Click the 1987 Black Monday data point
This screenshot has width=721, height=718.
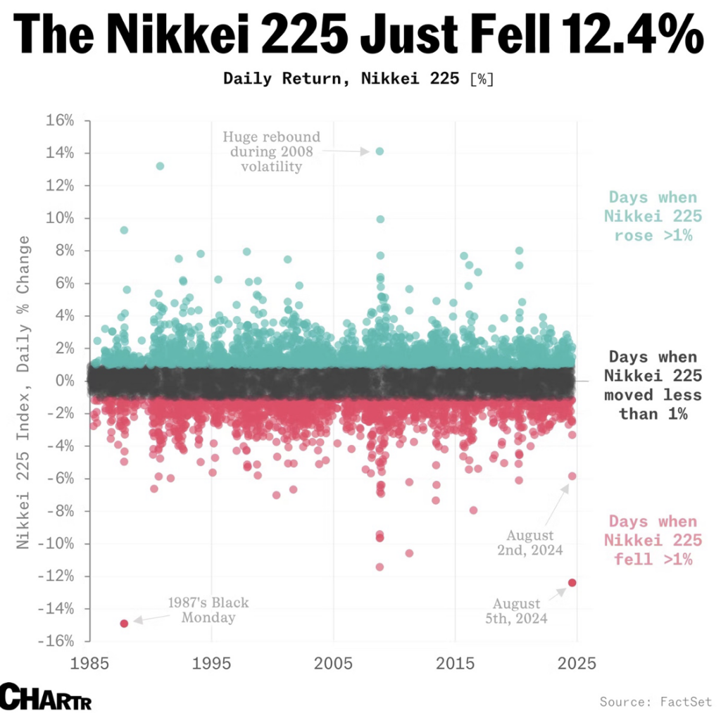[124, 623]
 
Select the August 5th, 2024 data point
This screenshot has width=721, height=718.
[572, 582]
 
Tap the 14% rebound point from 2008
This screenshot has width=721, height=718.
[380, 151]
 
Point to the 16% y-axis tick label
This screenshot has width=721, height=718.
[61, 120]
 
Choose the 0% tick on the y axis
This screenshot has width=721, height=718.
[65, 381]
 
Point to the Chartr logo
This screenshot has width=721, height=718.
[46, 697]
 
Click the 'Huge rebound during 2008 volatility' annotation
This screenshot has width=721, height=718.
[271, 151]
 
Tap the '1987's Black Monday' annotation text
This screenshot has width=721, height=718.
[208, 610]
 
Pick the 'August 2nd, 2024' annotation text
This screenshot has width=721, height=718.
[534, 543]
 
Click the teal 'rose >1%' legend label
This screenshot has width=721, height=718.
[653, 216]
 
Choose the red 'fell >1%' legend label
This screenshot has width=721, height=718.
[653, 541]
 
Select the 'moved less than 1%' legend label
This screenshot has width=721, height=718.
[653, 385]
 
